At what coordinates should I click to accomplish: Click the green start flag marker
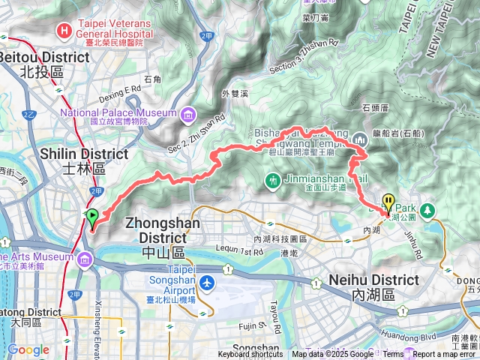pos(92,218)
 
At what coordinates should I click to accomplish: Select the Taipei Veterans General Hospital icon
pos(66,31)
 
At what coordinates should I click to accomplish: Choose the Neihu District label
pos(373,280)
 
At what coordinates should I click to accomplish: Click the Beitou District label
pos(45,57)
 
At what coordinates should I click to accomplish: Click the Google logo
pos(28,349)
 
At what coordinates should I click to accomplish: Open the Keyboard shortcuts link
pos(250,355)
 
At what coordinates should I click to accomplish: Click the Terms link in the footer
pos(392,355)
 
